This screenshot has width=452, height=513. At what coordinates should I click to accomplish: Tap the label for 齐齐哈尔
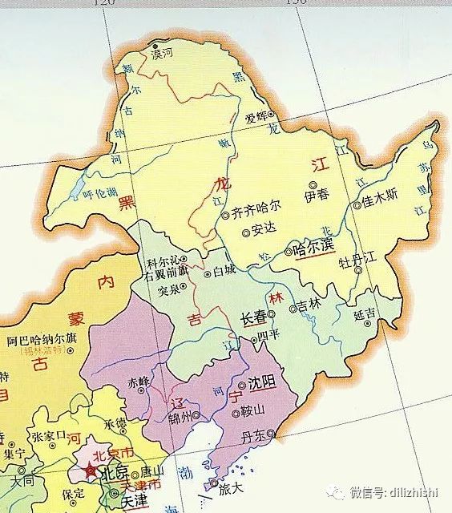click(256, 213)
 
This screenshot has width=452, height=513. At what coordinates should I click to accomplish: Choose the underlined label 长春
click(254, 318)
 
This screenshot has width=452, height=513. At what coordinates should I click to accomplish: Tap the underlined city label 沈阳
click(261, 383)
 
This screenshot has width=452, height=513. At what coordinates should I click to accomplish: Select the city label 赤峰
click(139, 382)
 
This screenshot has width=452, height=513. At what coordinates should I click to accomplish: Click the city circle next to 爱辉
click(271, 115)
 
